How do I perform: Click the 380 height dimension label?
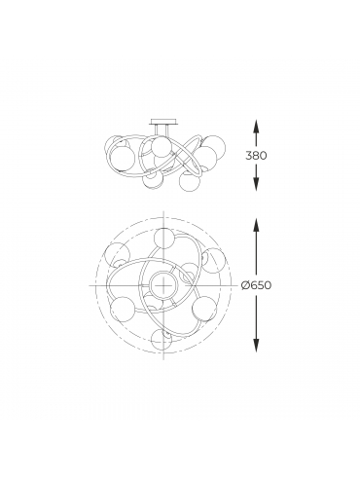(256, 156)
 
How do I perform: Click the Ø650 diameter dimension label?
(256, 285)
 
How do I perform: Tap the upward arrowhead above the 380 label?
(256, 126)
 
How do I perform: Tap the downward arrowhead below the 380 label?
(256, 185)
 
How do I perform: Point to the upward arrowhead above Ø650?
(256, 224)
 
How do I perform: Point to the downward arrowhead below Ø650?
(256, 346)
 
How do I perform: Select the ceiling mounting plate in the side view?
(163, 123)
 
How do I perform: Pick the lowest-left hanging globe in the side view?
(153, 179)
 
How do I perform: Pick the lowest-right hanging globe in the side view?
(190, 182)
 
